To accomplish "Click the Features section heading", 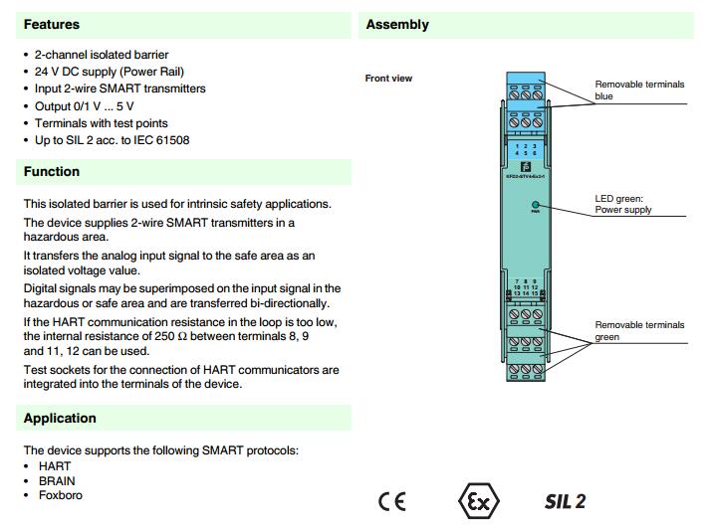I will coord(52,24).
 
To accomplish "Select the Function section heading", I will coord(52,172).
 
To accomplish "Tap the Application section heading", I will coord(60,419).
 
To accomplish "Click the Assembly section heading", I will coord(397,24).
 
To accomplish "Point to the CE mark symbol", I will coord(391,501).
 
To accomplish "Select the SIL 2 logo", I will coord(565,501).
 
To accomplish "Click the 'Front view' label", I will coord(388,79).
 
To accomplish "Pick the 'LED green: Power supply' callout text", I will coord(623,204).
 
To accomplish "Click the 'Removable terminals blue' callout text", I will coord(639,90).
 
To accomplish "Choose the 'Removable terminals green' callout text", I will coord(639,331).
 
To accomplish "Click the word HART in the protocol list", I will coord(55,466).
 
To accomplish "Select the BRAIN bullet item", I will coord(57,481).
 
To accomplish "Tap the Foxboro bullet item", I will coord(60,495).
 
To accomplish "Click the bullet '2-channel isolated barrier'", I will coord(102,55).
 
